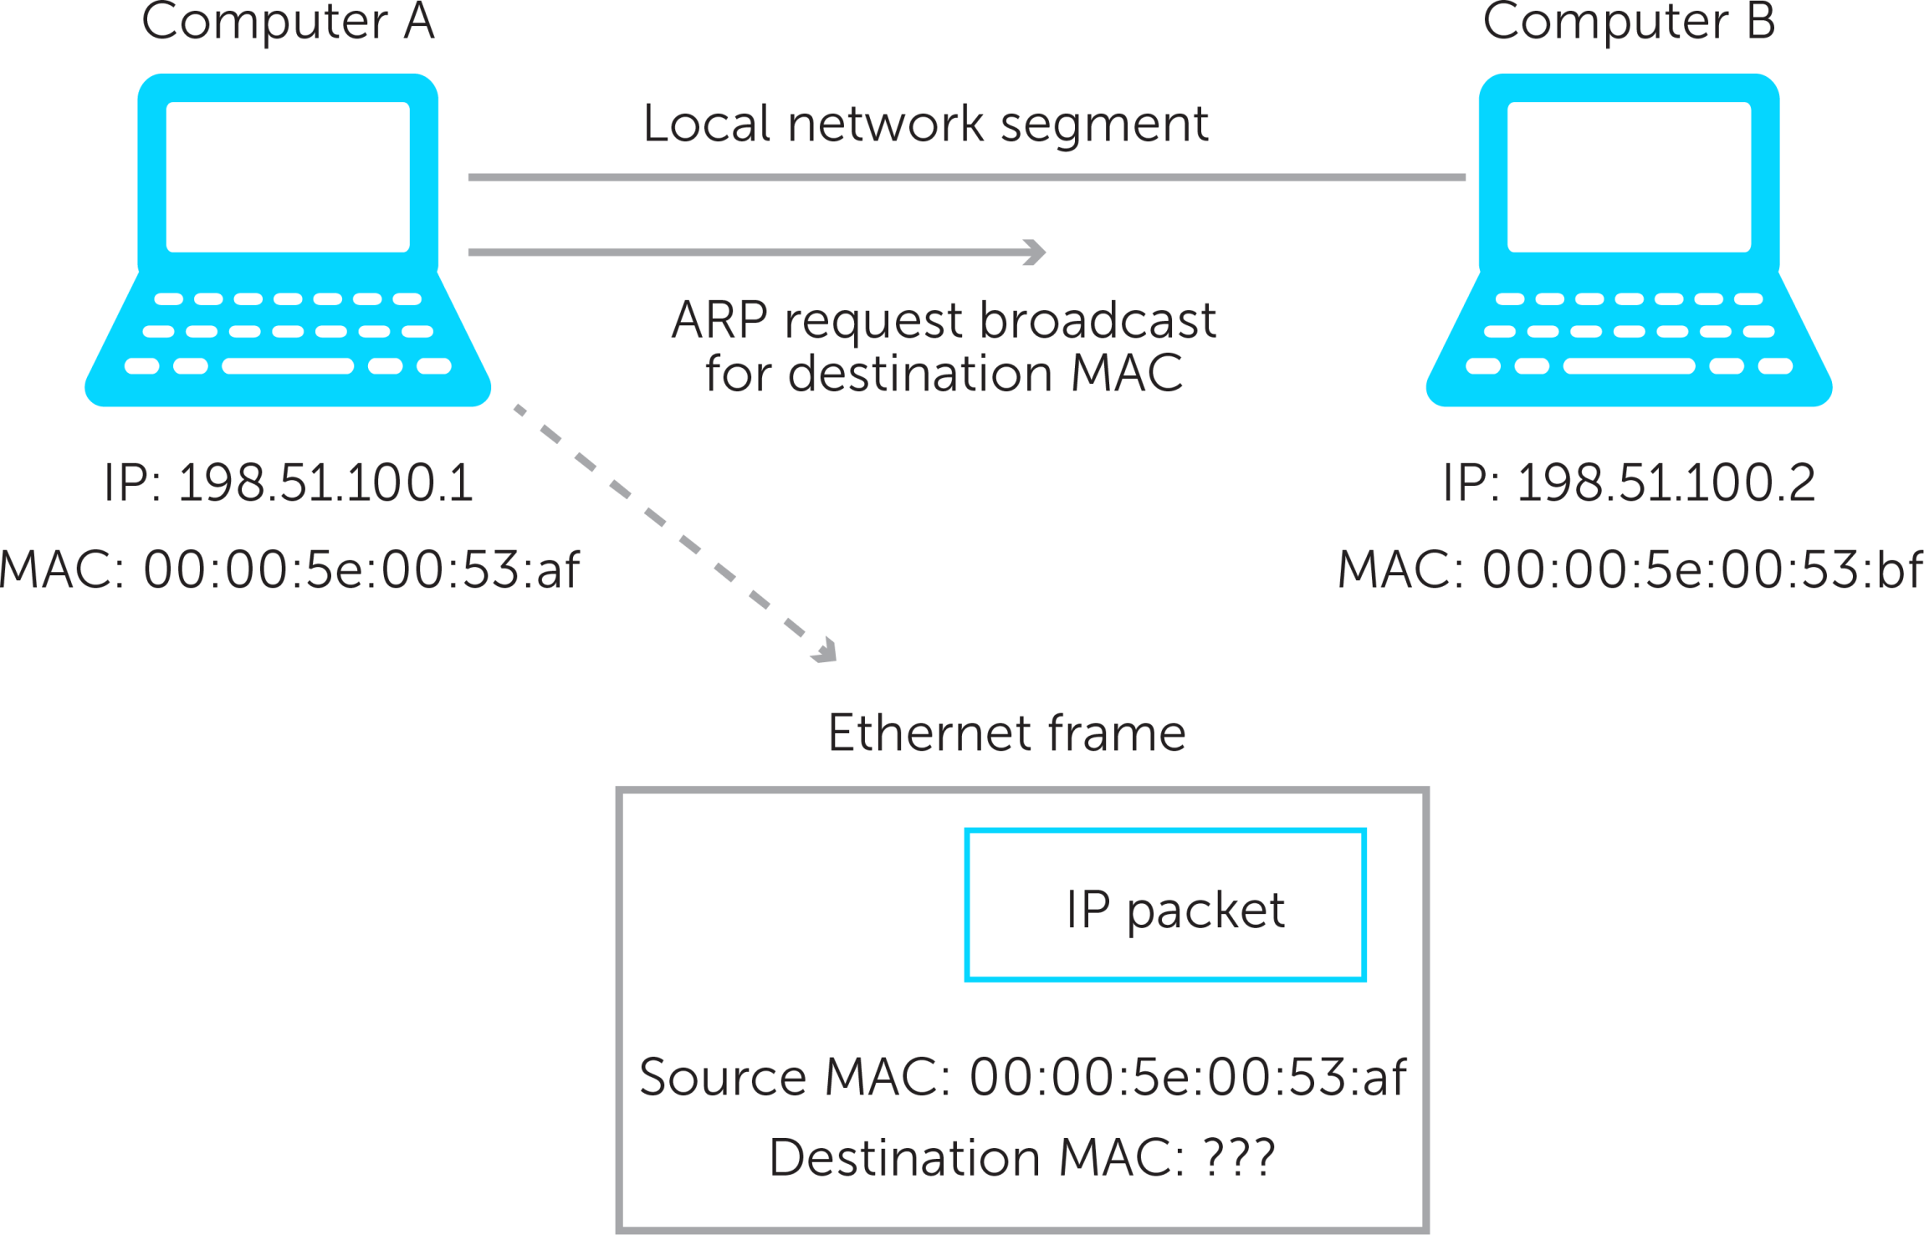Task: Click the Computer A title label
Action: click(x=288, y=22)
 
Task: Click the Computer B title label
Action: click(x=1628, y=22)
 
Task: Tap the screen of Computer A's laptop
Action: click(x=288, y=176)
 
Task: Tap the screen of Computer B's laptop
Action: click(x=1629, y=176)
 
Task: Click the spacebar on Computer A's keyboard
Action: click(x=288, y=365)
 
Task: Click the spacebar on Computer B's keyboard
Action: click(x=1629, y=365)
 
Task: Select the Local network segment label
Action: click(x=925, y=125)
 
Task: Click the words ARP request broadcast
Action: click(x=944, y=320)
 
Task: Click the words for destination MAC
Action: click(x=944, y=374)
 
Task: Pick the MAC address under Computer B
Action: click(x=1701, y=570)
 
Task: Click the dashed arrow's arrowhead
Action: click(x=824, y=651)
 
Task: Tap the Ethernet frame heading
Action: click(x=1006, y=733)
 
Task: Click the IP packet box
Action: click(x=1165, y=906)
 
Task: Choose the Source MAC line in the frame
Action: click(x=1022, y=1077)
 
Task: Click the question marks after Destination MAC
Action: click(x=1239, y=1158)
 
